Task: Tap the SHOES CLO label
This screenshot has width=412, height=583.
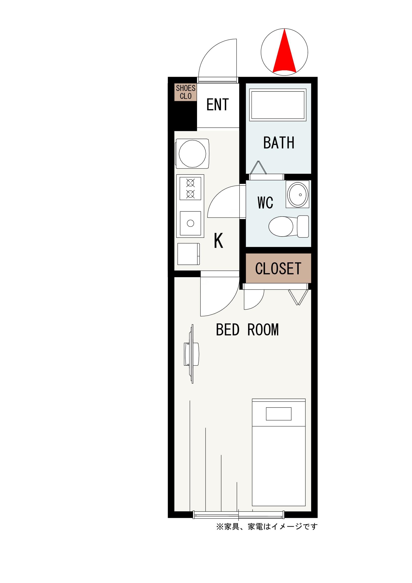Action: click(186, 92)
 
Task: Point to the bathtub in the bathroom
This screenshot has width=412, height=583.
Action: click(278, 105)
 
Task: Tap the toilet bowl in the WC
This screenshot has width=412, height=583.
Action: click(288, 226)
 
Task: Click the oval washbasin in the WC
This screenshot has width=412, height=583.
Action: click(298, 194)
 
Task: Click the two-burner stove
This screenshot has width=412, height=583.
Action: click(190, 188)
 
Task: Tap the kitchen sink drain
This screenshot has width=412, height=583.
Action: click(190, 223)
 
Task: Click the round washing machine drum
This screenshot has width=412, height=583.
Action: click(192, 153)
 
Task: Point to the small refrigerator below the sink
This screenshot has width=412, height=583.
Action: click(189, 254)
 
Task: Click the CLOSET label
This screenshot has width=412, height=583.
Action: click(278, 269)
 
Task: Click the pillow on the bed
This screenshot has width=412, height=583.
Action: click(278, 414)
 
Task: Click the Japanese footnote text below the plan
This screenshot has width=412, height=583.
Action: click(267, 527)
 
